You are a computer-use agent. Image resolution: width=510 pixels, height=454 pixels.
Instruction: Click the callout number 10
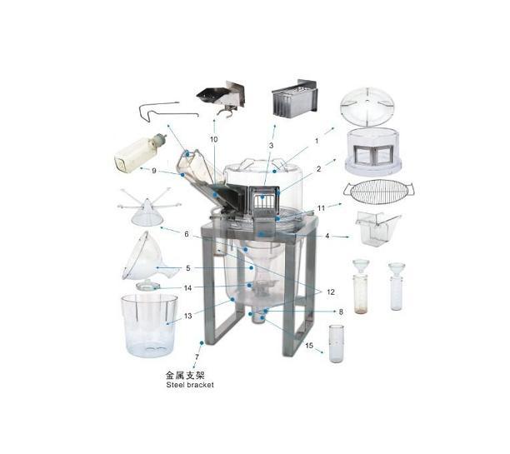213,139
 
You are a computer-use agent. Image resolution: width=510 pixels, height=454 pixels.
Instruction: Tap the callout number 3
272,146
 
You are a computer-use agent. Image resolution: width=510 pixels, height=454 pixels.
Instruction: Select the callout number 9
154,171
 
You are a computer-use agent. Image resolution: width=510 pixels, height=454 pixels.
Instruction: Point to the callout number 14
187,288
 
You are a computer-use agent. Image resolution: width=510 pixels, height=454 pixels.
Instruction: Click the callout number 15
309,345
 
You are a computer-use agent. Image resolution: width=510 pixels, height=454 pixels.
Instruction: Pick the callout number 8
341,312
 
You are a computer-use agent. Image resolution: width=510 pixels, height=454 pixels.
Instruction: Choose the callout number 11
321,207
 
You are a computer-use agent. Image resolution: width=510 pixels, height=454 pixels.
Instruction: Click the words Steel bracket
190,385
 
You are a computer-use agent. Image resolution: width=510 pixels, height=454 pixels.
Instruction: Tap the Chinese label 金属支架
185,376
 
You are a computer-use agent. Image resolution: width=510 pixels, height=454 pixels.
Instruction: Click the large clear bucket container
149,325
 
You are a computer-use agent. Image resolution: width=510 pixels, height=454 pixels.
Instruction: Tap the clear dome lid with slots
367,107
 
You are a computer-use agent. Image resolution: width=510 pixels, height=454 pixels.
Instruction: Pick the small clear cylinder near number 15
336,343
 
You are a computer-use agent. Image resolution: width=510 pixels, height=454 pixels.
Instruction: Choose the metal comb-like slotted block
295,98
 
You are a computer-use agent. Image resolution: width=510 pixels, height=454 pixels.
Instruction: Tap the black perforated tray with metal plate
221,97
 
